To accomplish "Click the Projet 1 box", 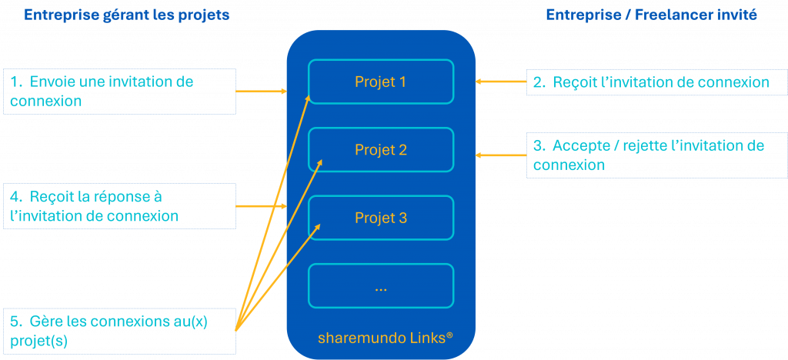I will click(x=380, y=82).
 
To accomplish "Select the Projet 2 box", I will click(x=380, y=150).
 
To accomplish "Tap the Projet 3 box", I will click(x=380, y=218).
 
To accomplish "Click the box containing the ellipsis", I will click(x=380, y=286).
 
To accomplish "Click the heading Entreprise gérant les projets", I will click(x=126, y=15).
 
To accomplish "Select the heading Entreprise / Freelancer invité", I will click(x=652, y=15).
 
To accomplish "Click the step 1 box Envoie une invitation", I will click(x=119, y=91).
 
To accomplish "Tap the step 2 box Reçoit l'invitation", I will click(x=656, y=82).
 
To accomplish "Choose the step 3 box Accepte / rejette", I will click(x=656, y=155).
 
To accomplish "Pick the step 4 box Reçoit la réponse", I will click(x=119, y=205).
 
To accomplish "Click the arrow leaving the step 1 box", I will click(x=261, y=91).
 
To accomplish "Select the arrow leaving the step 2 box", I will click(x=500, y=80).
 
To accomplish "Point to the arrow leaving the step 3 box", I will click(x=500, y=155).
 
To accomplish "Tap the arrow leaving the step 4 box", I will click(x=261, y=205).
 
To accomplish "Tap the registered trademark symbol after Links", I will click(x=449, y=335).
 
